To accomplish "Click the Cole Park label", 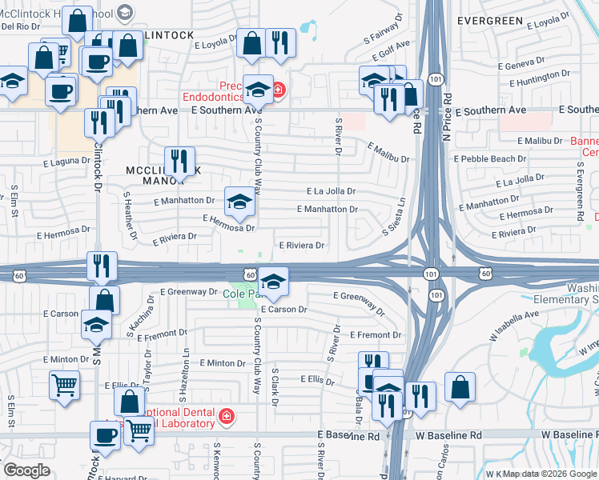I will coord(240,294).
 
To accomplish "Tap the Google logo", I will coord(27,470).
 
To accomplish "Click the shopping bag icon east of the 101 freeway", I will coord(460,386).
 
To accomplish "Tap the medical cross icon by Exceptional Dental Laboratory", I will coord(227,416).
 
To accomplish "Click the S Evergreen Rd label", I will coord(579,191).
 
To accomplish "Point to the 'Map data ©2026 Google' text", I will coord(550,474).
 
